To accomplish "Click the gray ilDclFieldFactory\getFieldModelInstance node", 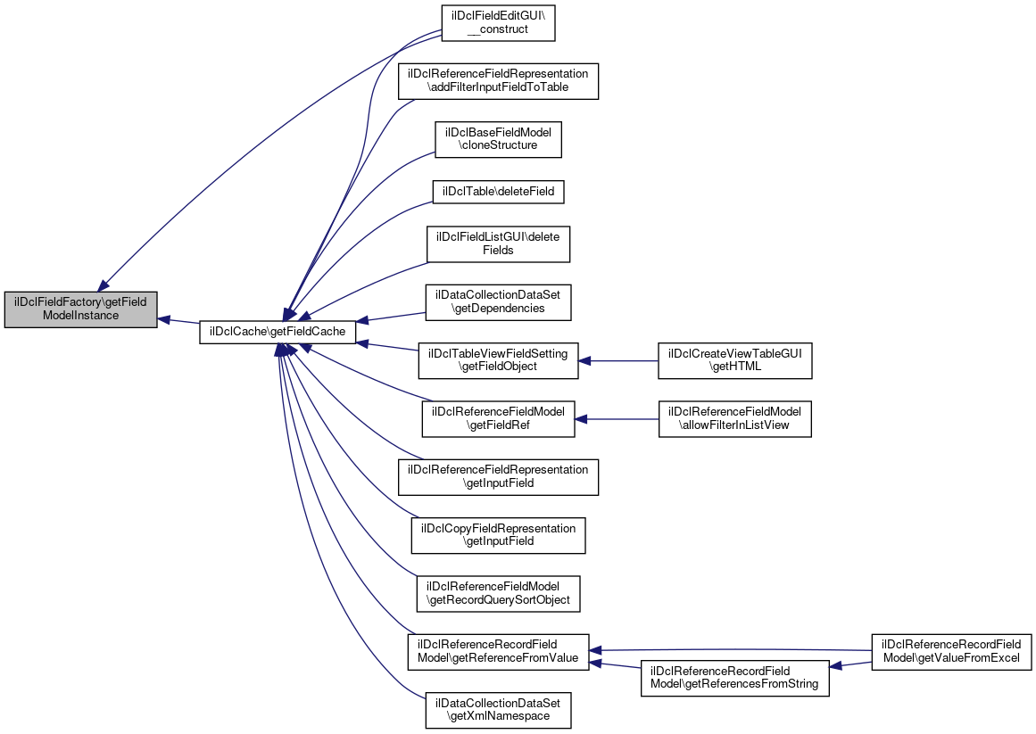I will [80, 309].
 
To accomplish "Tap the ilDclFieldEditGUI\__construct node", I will [498, 22].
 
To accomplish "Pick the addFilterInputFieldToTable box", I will [497, 80].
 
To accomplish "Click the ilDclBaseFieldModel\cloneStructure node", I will [498, 138].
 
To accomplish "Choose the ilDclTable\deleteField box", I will [499, 191].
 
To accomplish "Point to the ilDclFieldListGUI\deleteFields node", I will [498, 243].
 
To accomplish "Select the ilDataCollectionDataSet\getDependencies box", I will [499, 301].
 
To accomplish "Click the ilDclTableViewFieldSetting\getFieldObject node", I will [499, 360].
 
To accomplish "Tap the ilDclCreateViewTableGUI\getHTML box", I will [735, 360].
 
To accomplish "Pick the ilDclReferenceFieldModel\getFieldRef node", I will [498, 418].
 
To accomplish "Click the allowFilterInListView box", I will [735, 418].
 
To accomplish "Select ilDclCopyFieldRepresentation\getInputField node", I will [498, 535].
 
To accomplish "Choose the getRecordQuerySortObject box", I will [499, 594].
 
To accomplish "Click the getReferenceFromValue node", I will [498, 652].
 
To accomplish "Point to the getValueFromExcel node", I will [951, 652].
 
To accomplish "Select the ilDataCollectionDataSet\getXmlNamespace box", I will [498, 710].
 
